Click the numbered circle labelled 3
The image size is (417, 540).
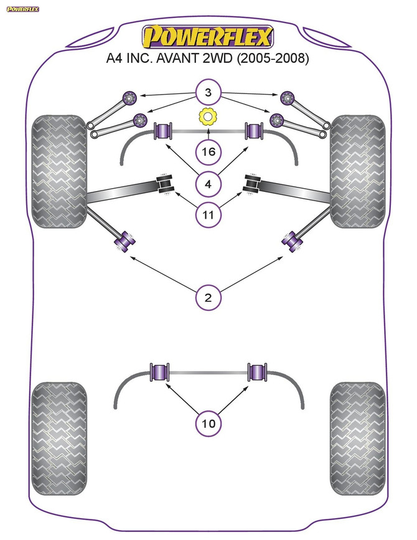208,94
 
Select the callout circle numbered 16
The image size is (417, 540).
208,151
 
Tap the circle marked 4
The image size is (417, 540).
208,184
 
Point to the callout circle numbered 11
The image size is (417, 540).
208,216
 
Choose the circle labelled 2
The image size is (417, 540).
208,298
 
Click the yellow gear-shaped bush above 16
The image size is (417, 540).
208,116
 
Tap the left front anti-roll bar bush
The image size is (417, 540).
162,131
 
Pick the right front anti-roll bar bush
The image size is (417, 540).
254,131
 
